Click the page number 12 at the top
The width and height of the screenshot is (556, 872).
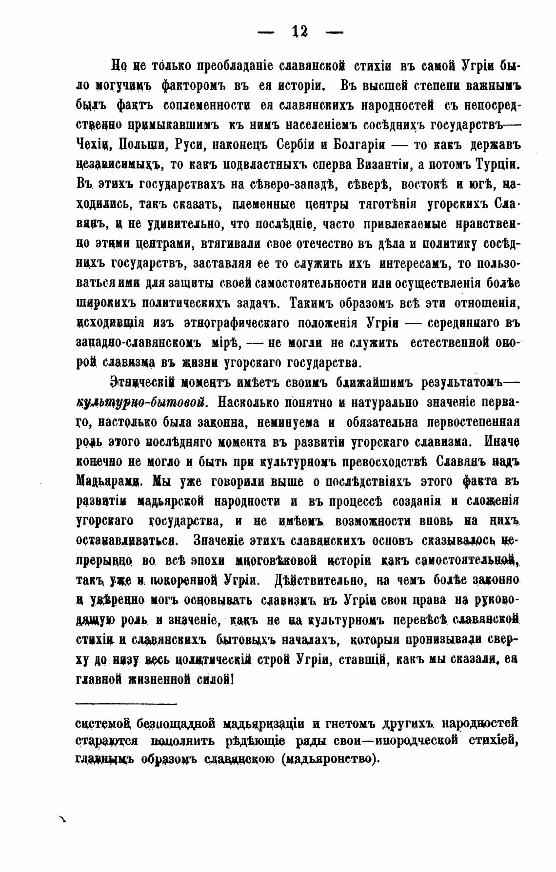tap(299, 32)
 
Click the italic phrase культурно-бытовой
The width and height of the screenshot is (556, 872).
tap(143, 403)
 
